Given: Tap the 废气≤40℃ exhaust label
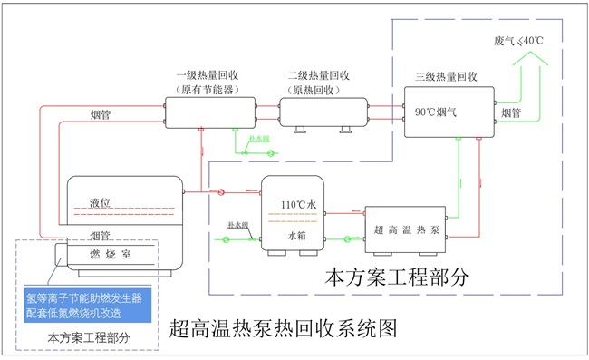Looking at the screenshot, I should point(519,41).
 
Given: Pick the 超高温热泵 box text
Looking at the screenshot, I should point(409,225).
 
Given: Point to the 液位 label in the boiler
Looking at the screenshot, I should point(105,203).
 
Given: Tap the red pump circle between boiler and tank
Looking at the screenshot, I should point(222,191).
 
